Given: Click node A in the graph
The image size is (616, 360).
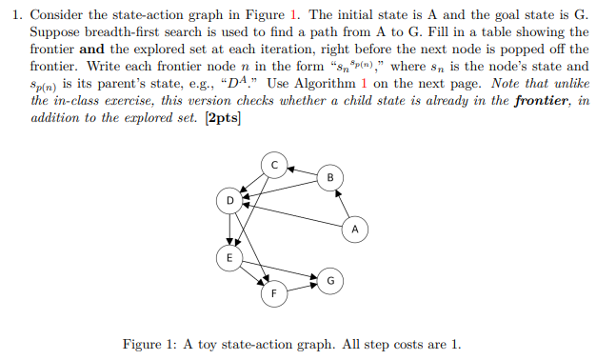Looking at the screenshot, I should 354,230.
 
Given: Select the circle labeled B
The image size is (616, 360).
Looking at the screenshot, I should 330,177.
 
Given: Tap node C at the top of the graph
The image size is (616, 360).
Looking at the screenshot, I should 274,165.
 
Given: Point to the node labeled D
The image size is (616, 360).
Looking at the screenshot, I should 229,201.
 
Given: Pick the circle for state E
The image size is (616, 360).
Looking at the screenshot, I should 227,258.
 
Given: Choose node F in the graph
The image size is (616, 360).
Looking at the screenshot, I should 274,292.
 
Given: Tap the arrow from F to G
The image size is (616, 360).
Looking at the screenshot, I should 303,286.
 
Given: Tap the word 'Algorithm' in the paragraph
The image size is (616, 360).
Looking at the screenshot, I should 310,84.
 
